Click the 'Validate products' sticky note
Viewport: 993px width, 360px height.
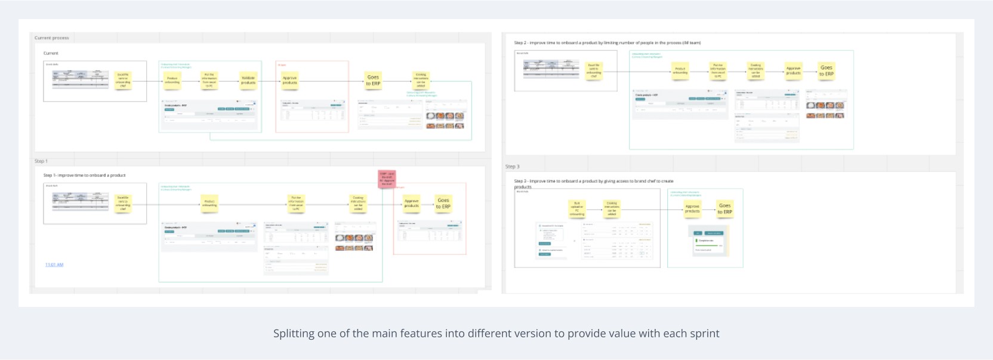248,80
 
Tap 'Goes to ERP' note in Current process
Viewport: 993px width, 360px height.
373,80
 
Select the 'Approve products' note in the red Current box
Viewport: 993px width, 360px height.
290,80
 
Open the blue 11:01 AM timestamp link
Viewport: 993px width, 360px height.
54,264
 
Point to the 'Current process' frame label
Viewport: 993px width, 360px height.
52,38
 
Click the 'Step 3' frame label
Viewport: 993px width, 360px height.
513,167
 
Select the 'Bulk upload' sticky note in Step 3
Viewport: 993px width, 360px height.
577,209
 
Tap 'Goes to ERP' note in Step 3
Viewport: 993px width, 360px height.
724,208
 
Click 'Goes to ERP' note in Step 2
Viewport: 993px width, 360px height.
827,70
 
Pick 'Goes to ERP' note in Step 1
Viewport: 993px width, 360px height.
443,204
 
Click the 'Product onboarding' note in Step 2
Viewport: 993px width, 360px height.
680,71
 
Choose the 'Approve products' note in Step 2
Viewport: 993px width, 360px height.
793,70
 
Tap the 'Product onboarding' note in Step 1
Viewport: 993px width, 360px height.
209,204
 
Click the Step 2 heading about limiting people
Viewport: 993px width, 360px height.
607,43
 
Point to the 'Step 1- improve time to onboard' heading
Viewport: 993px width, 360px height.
84,176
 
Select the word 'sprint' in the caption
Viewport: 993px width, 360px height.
704,334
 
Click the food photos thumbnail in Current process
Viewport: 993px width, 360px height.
445,120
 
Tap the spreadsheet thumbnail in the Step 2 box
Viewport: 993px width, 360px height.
551,69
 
